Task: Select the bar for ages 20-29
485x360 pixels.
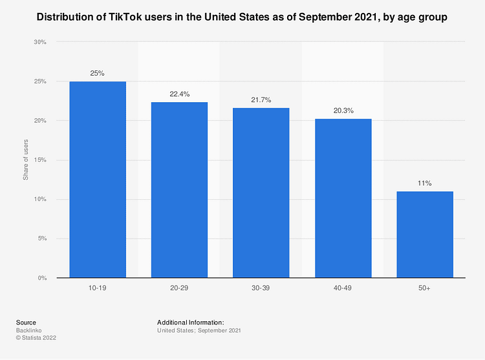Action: pos(179,190)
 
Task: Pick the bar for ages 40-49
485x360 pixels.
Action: pos(343,198)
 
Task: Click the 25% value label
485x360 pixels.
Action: pos(98,73)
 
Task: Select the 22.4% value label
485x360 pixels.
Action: pos(179,94)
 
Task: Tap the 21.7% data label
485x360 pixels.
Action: pos(261,100)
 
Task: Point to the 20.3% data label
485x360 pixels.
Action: pos(343,111)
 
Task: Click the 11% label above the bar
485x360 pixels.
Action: pos(425,184)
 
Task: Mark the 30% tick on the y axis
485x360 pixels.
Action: pos(40,43)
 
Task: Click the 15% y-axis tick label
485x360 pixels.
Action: pos(40,160)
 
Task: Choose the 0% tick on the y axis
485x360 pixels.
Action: pos(42,278)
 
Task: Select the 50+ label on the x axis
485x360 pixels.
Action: pos(425,287)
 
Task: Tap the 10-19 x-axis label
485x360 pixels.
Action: pos(98,287)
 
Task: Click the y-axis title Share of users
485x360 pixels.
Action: pos(26,160)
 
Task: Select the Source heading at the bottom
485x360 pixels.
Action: pos(26,323)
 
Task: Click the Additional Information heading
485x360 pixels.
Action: pos(190,323)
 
